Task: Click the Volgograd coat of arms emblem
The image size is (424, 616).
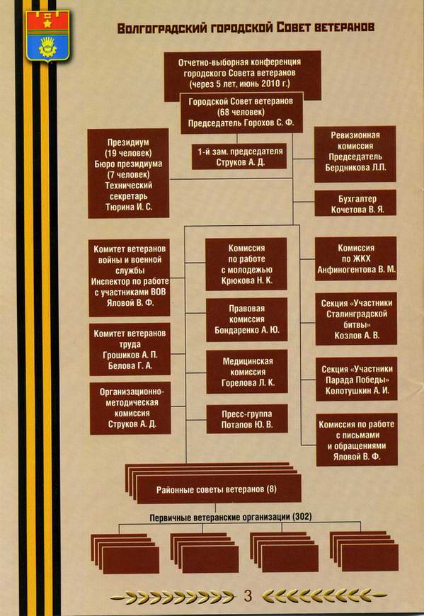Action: point(47,35)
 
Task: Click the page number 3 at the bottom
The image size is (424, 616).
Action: point(248,595)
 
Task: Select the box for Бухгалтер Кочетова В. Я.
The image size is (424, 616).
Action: point(355,203)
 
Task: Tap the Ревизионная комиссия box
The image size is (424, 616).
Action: point(355,154)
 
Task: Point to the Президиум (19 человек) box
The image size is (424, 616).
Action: point(128,173)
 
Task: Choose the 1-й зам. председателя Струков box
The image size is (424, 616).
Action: point(239,156)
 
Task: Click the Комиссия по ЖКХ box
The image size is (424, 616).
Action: point(355,258)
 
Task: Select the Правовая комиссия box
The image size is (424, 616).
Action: point(246,319)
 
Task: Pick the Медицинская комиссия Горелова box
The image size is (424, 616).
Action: point(247,372)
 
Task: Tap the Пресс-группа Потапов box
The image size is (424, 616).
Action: point(247,419)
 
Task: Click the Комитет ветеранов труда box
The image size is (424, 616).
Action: point(130,349)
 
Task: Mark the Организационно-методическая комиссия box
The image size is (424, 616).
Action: point(130,408)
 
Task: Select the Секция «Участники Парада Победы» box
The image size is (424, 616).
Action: point(357,379)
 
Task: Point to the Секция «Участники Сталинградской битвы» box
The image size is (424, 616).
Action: point(356,319)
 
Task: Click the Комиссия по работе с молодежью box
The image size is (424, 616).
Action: point(246,264)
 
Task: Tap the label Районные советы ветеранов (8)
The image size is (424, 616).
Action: point(217,489)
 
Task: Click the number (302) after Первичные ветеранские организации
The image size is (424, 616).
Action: point(302,517)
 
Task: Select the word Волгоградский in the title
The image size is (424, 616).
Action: point(162,28)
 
